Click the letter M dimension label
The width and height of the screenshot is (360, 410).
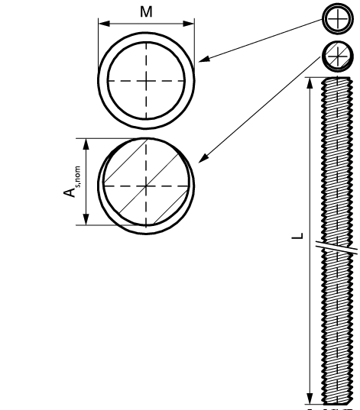146,12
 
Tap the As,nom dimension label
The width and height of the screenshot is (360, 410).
72,182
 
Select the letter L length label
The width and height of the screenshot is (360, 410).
297,236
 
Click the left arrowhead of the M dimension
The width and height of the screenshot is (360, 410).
104,24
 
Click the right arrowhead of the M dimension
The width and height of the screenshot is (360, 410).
189,24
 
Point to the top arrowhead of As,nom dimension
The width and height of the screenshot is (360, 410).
86,144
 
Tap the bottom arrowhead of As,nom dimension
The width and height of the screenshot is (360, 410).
86,219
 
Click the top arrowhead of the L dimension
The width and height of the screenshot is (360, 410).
310,83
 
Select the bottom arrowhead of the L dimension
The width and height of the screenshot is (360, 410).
310,399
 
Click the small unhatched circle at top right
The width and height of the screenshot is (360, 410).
338,19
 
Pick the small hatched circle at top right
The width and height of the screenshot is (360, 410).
338,56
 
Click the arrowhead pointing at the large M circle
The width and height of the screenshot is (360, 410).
204,60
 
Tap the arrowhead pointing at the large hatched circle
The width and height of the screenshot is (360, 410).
203,158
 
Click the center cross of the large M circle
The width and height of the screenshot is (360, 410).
146,81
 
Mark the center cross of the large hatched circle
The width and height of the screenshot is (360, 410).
146,186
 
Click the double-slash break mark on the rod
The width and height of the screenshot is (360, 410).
336,247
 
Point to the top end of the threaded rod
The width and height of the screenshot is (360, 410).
337,78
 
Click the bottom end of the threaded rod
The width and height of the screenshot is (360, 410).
337,403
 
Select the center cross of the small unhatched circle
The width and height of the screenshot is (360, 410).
338,19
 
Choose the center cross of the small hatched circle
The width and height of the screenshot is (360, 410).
338,56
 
